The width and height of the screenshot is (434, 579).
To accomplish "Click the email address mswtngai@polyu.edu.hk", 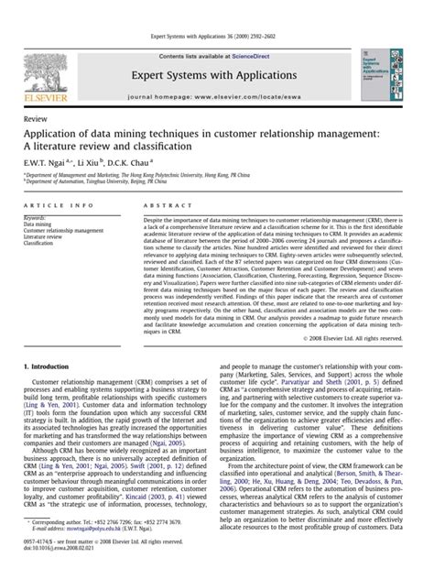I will coord(99,554).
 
